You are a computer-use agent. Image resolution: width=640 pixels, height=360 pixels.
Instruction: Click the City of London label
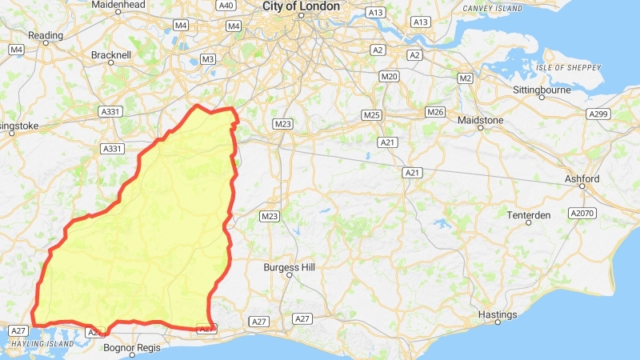pyautogui.click(x=301, y=6)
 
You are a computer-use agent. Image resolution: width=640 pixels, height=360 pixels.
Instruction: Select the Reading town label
pyautogui.click(x=45, y=35)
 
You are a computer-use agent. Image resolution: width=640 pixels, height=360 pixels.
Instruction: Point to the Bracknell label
pyautogui.click(x=111, y=55)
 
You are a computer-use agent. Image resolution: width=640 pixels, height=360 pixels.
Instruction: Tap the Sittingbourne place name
pyautogui.click(x=542, y=90)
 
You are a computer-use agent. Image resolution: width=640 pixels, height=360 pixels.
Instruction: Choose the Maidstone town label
pyautogui.click(x=480, y=120)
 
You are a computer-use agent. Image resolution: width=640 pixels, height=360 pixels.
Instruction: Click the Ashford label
pyautogui.click(x=582, y=178)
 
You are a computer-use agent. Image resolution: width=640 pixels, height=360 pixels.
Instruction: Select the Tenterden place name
pyautogui.click(x=529, y=215)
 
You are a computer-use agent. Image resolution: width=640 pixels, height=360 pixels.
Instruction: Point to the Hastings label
pyautogui.click(x=498, y=314)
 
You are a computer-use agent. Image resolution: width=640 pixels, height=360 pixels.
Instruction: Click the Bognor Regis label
pyautogui.click(x=133, y=348)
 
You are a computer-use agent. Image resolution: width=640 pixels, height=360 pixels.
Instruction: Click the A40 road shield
pyautogui.click(x=226, y=5)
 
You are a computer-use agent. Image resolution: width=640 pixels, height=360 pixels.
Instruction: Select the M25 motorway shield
pyautogui.click(x=370, y=114)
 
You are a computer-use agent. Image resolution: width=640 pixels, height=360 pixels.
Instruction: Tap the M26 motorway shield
pyautogui.click(x=435, y=111)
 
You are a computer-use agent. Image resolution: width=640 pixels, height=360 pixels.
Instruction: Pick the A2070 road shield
pyautogui.click(x=582, y=214)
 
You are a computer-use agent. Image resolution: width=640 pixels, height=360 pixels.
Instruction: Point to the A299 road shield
pyautogui.click(x=598, y=114)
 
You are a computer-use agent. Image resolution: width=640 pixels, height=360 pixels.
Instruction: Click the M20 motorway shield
pyautogui.click(x=390, y=76)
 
